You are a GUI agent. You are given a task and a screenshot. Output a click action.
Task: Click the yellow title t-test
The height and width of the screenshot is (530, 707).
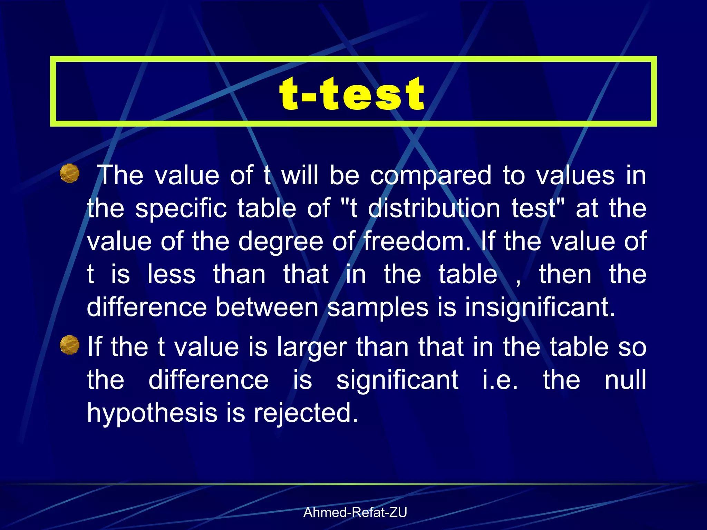tap(352, 94)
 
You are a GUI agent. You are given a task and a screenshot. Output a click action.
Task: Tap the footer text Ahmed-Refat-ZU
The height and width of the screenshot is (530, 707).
tap(355, 512)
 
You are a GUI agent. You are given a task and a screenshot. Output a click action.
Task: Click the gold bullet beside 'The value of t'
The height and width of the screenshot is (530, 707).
tap(69, 173)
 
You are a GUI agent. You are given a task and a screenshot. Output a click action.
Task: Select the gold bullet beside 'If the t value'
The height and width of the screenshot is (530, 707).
tap(69, 345)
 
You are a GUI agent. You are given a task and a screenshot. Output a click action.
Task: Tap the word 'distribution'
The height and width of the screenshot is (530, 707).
tap(434, 208)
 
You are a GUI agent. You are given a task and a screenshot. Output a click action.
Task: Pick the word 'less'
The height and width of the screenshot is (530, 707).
tap(171, 274)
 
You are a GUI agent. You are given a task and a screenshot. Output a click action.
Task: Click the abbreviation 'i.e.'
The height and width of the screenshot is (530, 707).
tap(500, 380)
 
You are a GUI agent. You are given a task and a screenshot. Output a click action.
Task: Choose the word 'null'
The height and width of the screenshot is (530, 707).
tap(625, 380)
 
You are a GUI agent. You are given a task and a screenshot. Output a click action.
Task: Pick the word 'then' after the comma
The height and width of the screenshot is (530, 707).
tap(565, 274)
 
